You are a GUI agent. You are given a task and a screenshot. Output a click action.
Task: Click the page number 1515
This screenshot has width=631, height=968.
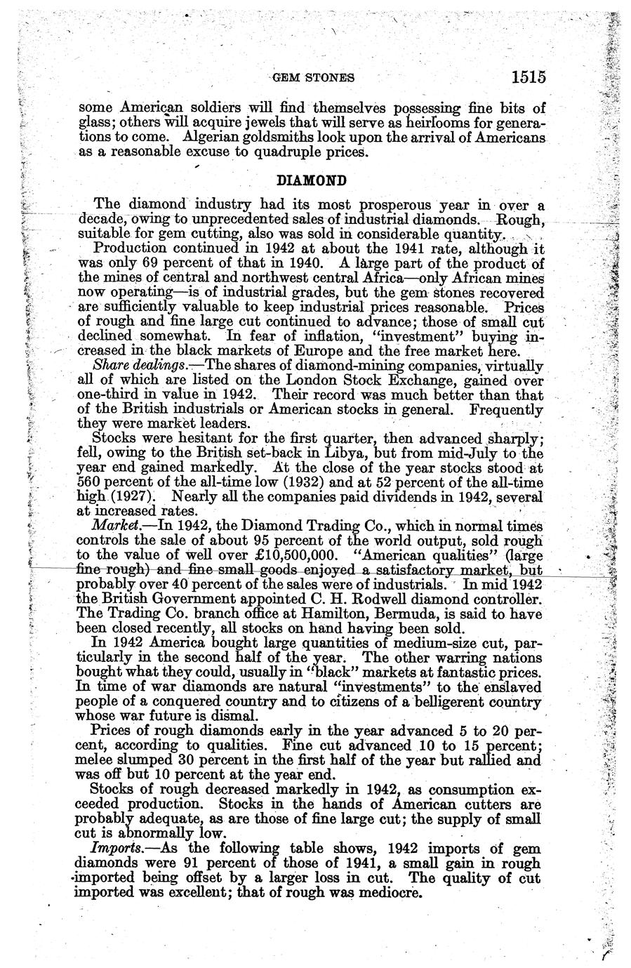(529, 77)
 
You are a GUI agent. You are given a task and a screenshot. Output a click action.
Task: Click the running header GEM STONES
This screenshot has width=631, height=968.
(313, 78)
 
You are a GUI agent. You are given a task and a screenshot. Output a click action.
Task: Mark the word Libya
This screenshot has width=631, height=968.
(342, 453)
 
